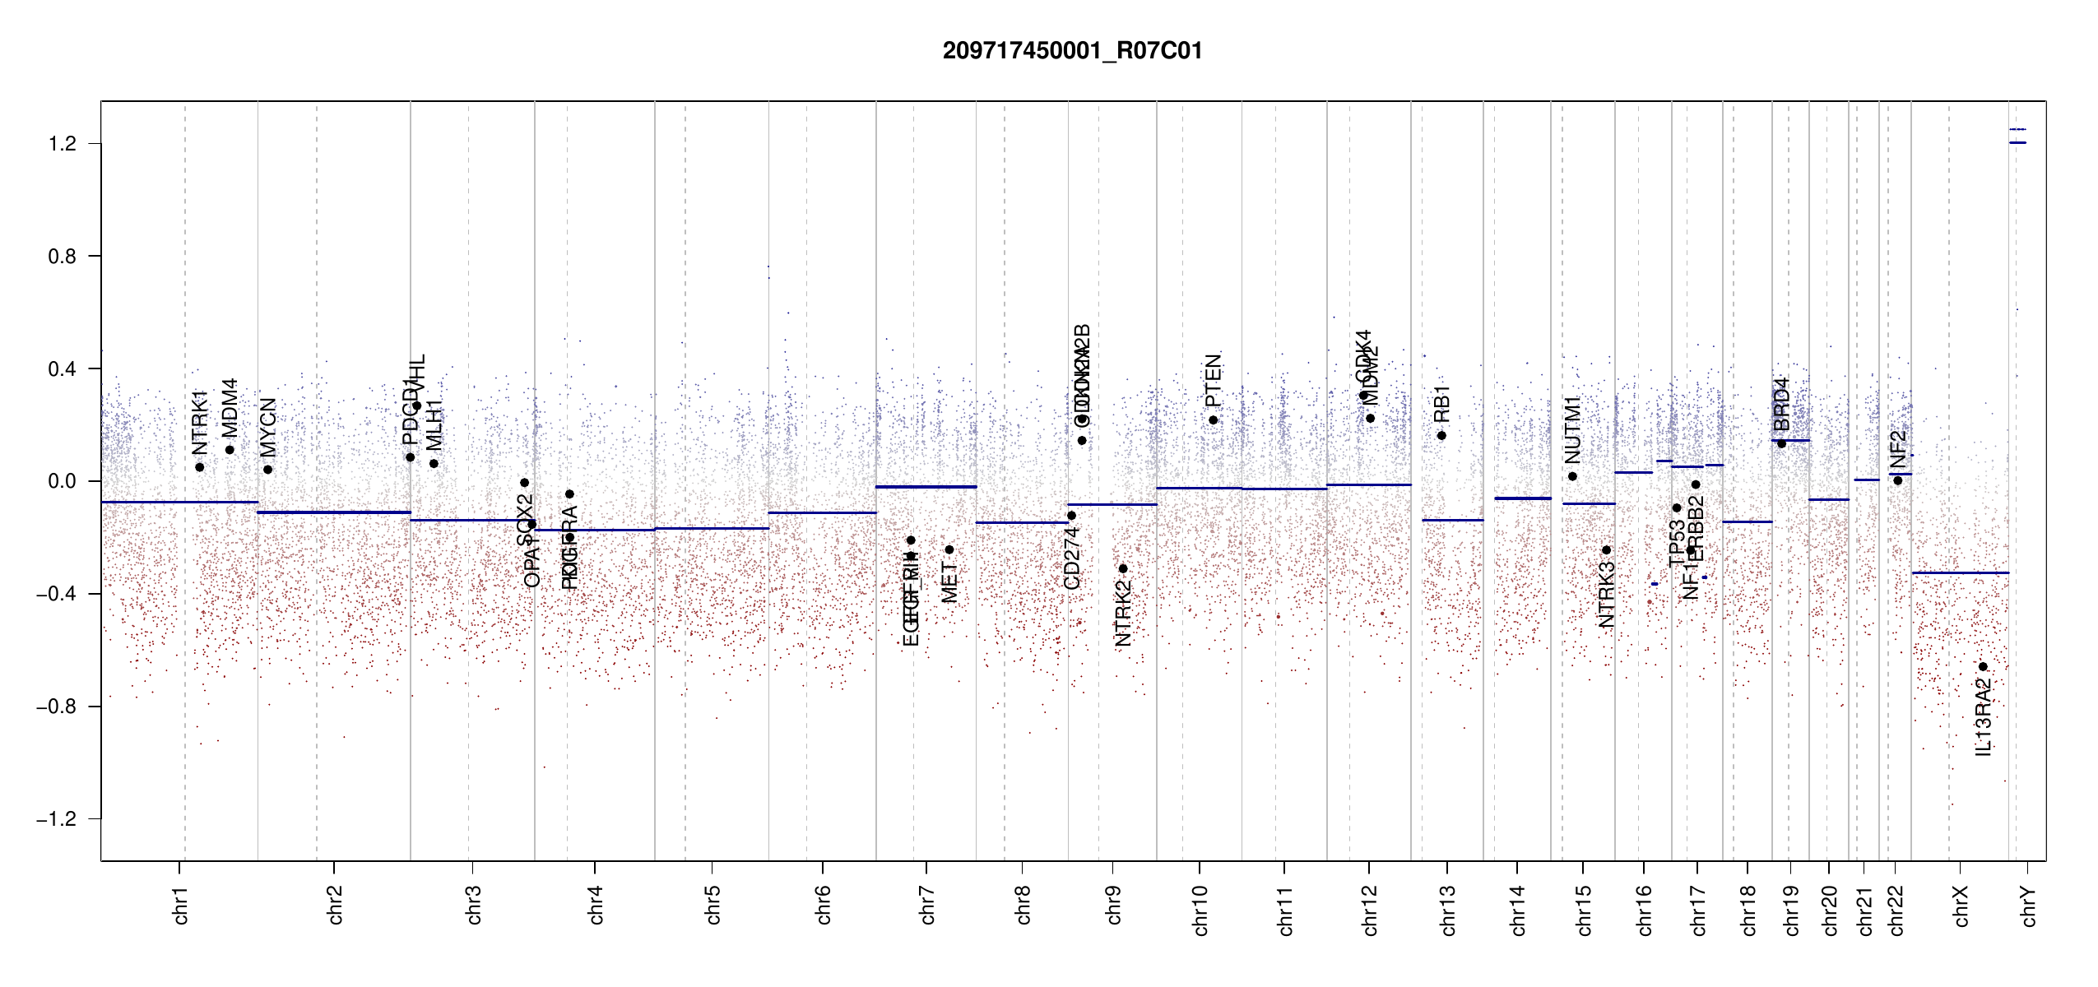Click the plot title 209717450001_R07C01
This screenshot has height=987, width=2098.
pos(1072,51)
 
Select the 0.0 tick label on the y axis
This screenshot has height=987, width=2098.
pos(62,481)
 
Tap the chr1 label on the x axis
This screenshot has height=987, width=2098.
pos(181,905)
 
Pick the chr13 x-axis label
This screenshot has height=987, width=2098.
pos(1448,910)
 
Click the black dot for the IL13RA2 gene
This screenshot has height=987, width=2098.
pos(1983,666)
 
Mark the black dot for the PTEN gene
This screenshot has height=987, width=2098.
pos(1213,420)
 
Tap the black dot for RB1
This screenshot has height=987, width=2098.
pos(1441,435)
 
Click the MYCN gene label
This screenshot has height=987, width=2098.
pos(268,428)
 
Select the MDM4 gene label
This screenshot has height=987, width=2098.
pos(230,408)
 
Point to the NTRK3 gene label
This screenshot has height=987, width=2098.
pos(1606,595)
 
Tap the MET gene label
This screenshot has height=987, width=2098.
pos(949,582)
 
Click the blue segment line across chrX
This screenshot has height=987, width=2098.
pos(1960,572)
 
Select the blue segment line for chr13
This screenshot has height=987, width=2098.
pos(1452,520)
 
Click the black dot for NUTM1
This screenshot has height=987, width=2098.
pos(1572,476)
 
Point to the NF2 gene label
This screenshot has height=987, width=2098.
pos(1898,449)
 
